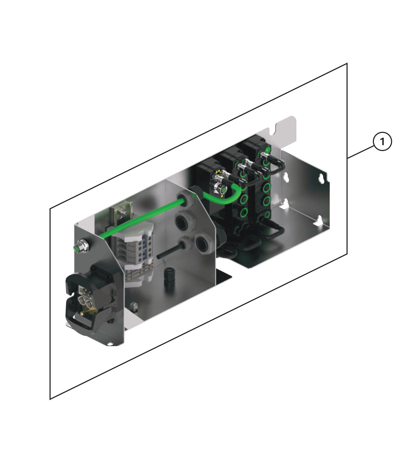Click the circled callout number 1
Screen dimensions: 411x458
(382, 142)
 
